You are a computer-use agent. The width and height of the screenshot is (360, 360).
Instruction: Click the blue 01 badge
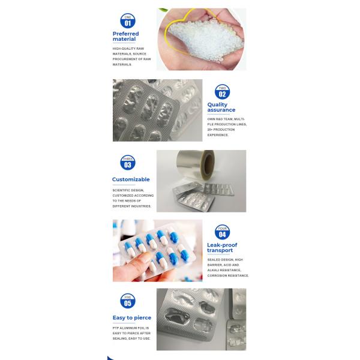pyautogui.click(x=127, y=21)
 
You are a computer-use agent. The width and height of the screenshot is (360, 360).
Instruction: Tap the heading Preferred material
pyautogui.click(x=125, y=37)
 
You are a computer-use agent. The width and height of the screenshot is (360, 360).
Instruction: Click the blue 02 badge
pyautogui.click(x=222, y=92)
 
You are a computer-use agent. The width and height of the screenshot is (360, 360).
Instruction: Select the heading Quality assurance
pyautogui.click(x=221, y=107)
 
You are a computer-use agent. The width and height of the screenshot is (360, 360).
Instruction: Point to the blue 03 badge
pyautogui.click(x=127, y=163)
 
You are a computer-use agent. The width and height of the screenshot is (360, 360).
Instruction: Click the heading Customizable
pyautogui.click(x=131, y=179)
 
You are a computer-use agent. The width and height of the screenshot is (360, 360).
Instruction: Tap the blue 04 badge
pyautogui.click(x=222, y=232)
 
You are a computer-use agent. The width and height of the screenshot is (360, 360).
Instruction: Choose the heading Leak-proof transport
pyautogui.click(x=222, y=248)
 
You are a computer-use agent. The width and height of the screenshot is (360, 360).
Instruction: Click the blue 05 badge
pyautogui.click(x=127, y=301)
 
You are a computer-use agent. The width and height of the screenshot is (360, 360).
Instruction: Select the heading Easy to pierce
pyautogui.click(x=131, y=317)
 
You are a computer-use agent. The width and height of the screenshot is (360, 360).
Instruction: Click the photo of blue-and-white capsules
pyautogui.click(x=157, y=250)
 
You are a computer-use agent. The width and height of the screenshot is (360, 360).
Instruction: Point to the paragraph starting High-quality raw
pyautogui.click(x=131, y=56)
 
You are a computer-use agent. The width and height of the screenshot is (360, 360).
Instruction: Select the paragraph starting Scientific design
pyautogui.click(x=133, y=198)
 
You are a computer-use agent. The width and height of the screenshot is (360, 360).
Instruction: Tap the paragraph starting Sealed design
pyautogui.click(x=227, y=268)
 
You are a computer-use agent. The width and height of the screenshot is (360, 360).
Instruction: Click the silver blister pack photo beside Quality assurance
pyautogui.click(x=157, y=110)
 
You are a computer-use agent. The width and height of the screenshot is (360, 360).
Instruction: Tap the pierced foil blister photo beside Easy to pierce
pyautogui.click(x=201, y=319)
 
